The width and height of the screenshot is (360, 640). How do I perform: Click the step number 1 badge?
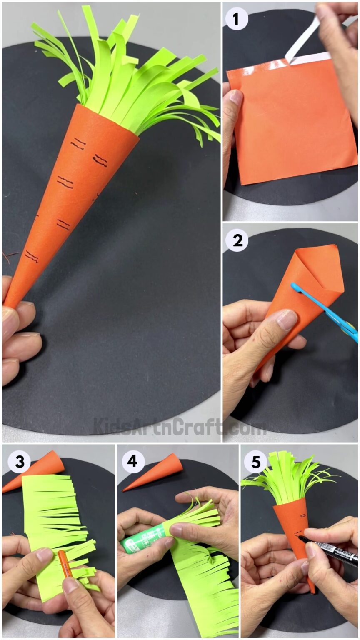[x=237, y=19]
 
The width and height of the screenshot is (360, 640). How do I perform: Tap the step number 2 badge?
[x=237, y=240]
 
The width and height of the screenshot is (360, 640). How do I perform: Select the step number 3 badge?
[x=19, y=461]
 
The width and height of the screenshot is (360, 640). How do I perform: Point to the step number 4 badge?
[x=133, y=461]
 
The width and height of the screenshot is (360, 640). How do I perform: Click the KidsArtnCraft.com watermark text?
[x=179, y=426]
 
